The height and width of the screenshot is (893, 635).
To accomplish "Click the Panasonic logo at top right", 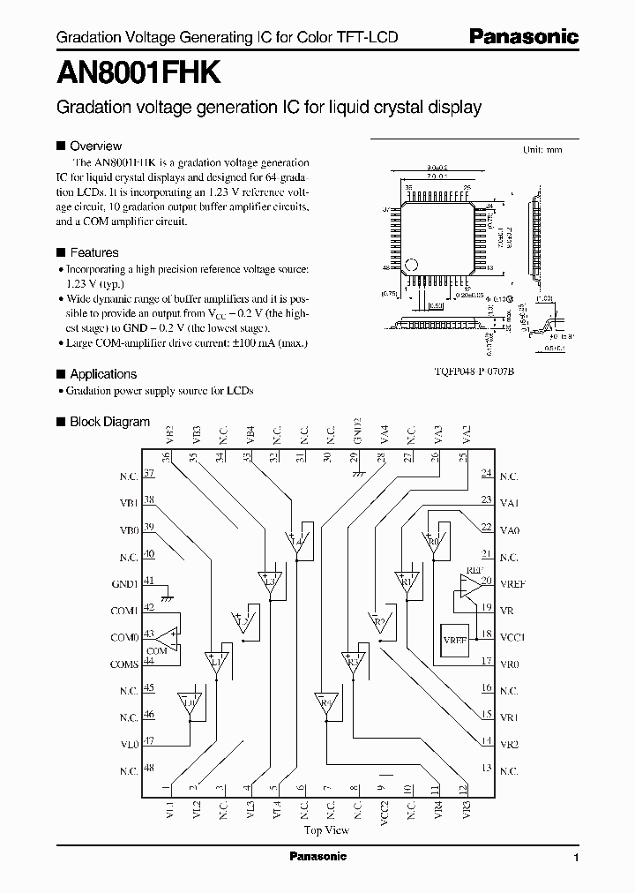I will (523, 37).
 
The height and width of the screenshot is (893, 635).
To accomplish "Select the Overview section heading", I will (95, 146).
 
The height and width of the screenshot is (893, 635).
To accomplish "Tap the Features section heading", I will (93, 251).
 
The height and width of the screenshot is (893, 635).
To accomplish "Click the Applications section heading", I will (102, 374).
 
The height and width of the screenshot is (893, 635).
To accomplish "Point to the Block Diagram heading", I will (109, 423).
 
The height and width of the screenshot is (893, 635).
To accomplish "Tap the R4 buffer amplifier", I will (326, 704).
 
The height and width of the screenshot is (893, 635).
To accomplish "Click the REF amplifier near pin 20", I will (470, 583).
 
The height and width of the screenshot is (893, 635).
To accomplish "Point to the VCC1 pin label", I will (512, 635).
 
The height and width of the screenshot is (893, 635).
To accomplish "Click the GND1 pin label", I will (123, 582).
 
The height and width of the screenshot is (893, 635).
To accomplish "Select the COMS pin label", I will (123, 662).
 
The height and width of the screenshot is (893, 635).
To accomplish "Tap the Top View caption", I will (326, 829).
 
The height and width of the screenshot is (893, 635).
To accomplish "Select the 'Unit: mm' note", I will (542, 150).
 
